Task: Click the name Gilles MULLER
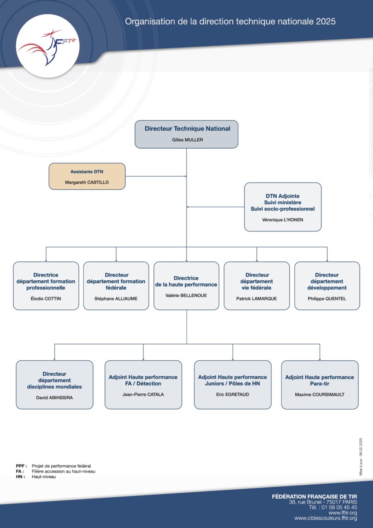click(187, 140)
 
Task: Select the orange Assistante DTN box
click(87, 176)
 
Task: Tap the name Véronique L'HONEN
click(282, 220)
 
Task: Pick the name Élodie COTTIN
click(46, 299)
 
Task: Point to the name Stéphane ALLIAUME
click(116, 299)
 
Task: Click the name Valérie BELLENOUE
click(186, 295)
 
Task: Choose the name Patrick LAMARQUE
click(256, 299)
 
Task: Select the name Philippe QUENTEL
click(327, 299)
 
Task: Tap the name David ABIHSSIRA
click(55, 398)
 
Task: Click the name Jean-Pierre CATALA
click(143, 394)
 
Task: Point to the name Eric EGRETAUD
click(233, 394)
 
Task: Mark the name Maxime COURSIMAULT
click(319, 394)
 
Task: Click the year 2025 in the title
click(325, 22)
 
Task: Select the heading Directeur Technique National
click(187, 128)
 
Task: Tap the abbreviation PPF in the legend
click(21, 466)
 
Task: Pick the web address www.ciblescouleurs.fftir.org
click(325, 518)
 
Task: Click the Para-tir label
click(319, 384)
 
